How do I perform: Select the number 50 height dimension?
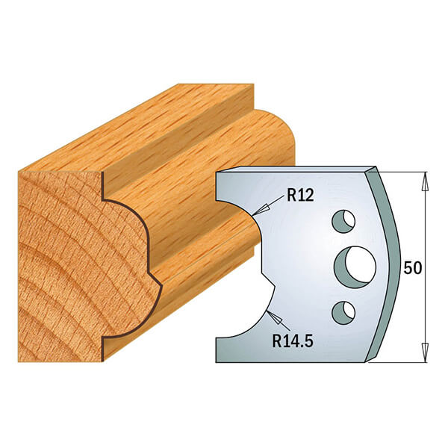[411, 267]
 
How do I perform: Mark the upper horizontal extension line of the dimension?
[403, 172]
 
